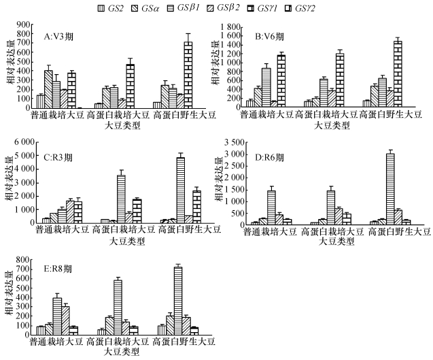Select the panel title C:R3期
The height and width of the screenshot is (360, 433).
pyautogui.click(x=57, y=157)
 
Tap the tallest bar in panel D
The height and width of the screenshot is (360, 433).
pyautogui.click(x=390, y=188)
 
